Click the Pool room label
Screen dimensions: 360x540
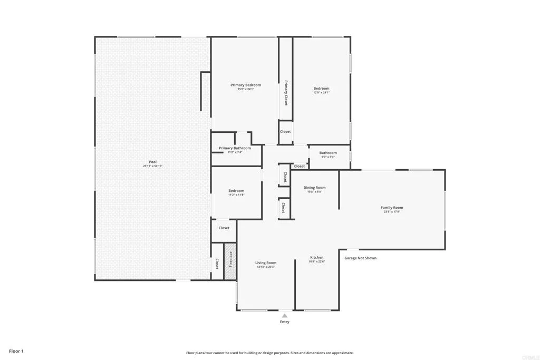152,162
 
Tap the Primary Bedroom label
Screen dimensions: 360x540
245,85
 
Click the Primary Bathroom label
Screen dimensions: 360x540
235,148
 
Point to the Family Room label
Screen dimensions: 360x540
392,208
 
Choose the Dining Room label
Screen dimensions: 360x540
314,188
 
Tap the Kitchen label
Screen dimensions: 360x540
316,258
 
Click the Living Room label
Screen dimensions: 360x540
266,262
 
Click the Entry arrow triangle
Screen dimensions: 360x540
284,315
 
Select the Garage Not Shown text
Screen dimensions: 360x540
360,258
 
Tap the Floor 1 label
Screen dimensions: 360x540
16,351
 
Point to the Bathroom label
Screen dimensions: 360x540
327,153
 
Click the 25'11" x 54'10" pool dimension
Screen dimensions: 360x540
152,166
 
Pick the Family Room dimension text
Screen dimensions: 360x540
392,211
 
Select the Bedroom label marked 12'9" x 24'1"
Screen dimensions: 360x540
321,89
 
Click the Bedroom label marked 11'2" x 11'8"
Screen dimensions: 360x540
236,191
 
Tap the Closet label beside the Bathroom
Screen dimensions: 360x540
300,166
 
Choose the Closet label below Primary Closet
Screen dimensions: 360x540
285,131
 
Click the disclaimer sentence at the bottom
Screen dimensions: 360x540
269,353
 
